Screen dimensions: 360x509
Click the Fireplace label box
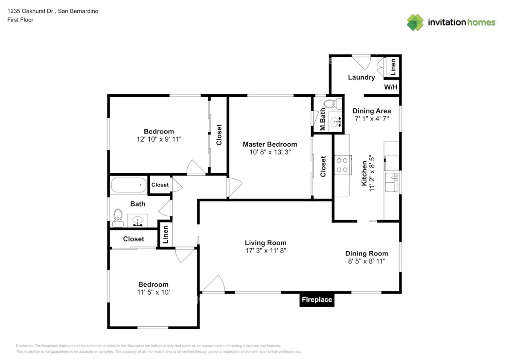pyautogui.click(x=316, y=300)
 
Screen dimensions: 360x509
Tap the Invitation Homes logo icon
pyautogui.click(x=415, y=22)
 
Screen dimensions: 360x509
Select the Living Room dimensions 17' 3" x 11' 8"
pyautogui.click(x=265, y=251)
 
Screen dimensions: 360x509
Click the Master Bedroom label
pyautogui.click(x=270, y=144)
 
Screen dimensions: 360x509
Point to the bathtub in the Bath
pyautogui.click(x=128, y=186)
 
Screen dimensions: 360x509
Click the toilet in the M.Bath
pyautogui.click(x=332, y=104)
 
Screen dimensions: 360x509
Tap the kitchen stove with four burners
pyautogui.click(x=342, y=165)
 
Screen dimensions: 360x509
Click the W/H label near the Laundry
pyautogui.click(x=391, y=87)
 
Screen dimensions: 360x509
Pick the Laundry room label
pyautogui.click(x=361, y=77)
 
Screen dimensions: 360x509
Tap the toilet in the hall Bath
pyautogui.click(x=117, y=217)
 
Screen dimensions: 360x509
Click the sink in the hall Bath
pyautogui.click(x=138, y=221)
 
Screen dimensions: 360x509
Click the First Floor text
pyautogui.click(x=20, y=20)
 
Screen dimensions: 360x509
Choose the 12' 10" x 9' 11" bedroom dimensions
pyautogui.click(x=159, y=139)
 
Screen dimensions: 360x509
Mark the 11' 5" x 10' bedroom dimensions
pyautogui.click(x=153, y=292)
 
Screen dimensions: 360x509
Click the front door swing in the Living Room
pyautogui.click(x=214, y=285)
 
